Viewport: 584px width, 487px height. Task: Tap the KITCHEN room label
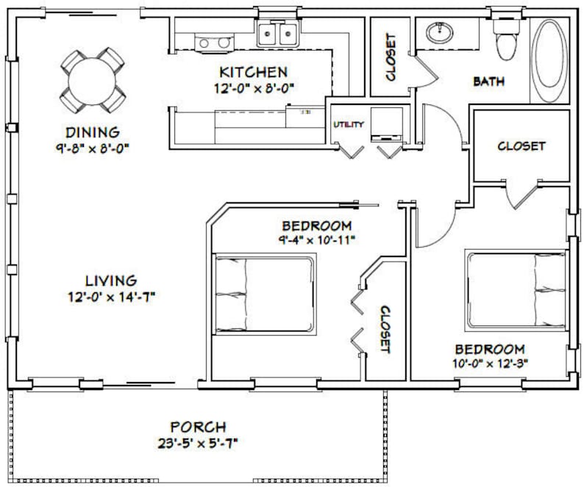pyautogui.click(x=253, y=72)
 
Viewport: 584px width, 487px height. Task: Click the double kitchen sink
pyautogui.click(x=277, y=35)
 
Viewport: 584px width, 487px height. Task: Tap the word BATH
pyautogui.click(x=488, y=82)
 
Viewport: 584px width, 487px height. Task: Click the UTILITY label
pyautogui.click(x=348, y=124)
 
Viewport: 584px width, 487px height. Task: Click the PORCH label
pyautogui.click(x=198, y=427)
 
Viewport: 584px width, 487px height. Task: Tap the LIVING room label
pyautogui.click(x=110, y=281)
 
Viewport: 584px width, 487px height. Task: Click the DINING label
pyautogui.click(x=92, y=133)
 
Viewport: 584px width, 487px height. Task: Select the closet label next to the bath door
pyautogui.click(x=390, y=57)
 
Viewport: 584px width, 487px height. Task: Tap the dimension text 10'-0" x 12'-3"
pyautogui.click(x=489, y=361)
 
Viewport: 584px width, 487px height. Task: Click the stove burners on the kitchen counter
pyautogui.click(x=214, y=43)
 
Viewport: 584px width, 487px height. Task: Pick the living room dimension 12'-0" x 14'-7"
pyautogui.click(x=110, y=297)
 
